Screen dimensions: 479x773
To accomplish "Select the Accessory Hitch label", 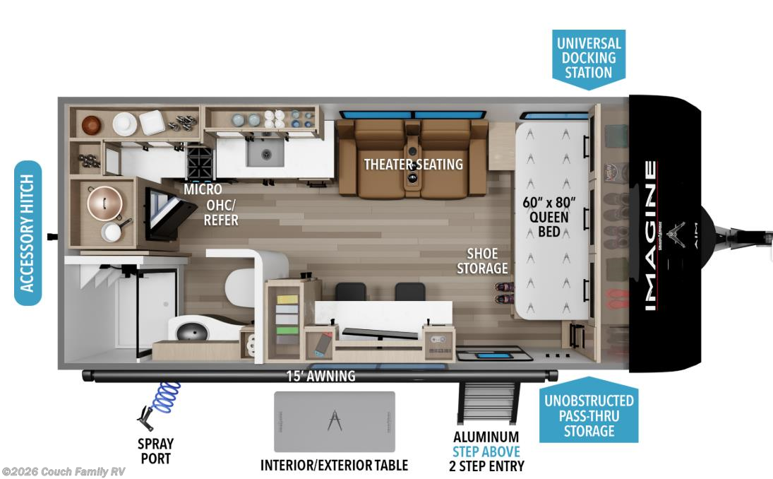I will pyautogui.click(x=28, y=233).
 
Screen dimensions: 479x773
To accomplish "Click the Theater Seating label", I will pyautogui.click(x=413, y=165).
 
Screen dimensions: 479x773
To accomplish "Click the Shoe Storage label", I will pyautogui.click(x=482, y=261).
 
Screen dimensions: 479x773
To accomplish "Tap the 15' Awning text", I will pyautogui.click(x=321, y=376).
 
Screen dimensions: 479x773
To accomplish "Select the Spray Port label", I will pyautogui.click(x=155, y=451).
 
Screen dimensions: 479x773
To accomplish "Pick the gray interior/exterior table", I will pyautogui.click(x=335, y=421).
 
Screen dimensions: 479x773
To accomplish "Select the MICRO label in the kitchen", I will pyautogui.click(x=203, y=189).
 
